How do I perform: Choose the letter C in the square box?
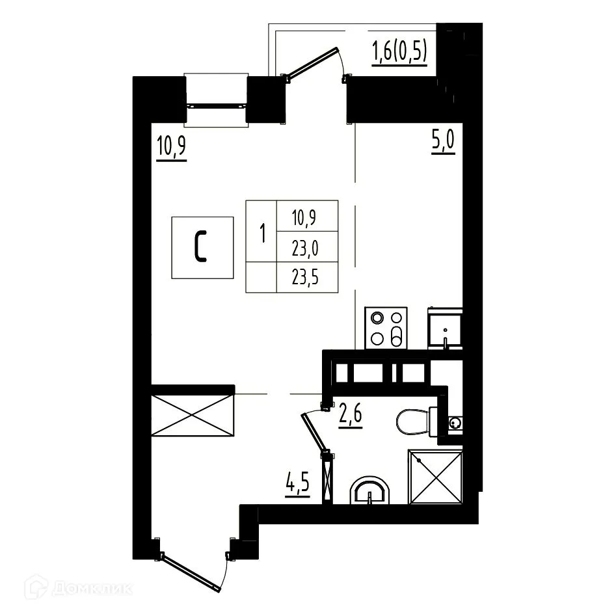(x=202, y=247)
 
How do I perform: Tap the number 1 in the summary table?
(x=261, y=232)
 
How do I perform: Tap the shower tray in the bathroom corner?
(x=436, y=477)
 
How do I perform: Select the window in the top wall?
(x=217, y=100)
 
